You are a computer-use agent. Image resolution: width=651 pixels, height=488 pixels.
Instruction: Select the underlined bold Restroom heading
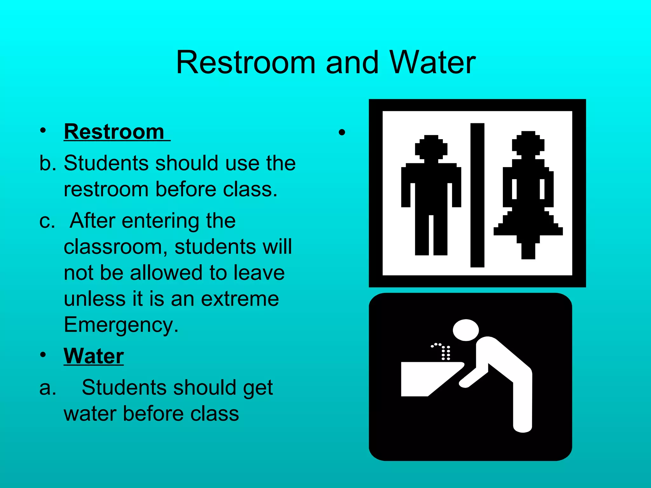click(114, 132)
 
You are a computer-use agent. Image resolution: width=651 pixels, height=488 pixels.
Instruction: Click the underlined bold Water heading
click(93, 356)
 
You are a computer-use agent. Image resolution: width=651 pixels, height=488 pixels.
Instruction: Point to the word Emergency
click(121, 325)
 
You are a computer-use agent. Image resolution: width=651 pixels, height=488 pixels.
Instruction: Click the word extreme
click(240, 299)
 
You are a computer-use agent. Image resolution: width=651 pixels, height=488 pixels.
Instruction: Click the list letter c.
click(47, 221)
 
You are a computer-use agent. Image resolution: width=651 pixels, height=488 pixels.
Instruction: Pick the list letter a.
click(47, 388)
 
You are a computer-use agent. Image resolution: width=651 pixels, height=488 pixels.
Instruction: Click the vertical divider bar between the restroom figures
click(477, 195)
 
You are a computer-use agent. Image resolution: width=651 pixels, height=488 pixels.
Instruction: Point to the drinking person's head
click(466, 330)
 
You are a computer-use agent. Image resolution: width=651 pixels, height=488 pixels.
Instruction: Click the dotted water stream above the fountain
click(444, 351)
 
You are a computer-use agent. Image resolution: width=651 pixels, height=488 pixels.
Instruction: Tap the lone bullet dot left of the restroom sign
click(342, 132)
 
